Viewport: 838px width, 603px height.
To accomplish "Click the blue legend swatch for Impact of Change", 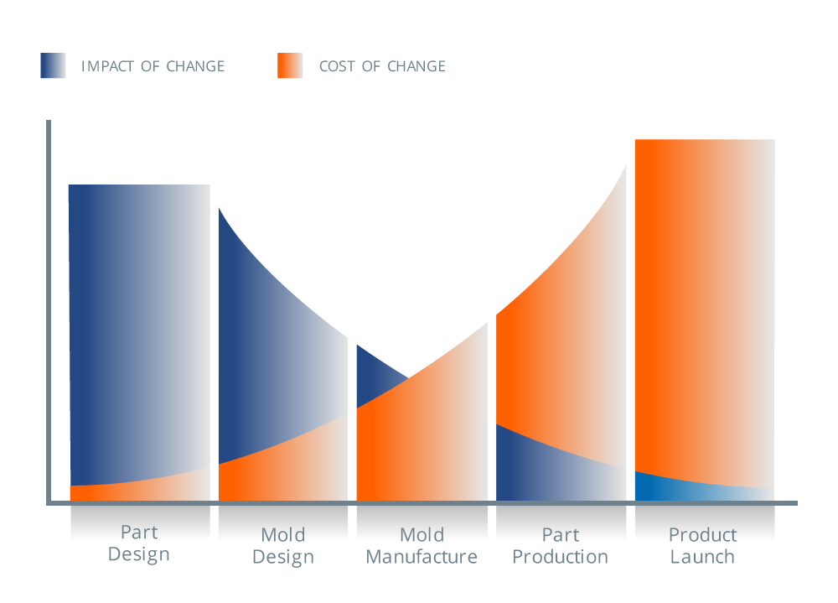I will (53, 65).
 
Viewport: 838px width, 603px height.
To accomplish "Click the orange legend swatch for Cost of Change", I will (290, 65).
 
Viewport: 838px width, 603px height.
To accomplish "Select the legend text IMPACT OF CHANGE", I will (153, 66).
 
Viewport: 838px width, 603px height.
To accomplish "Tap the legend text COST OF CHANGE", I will (382, 66).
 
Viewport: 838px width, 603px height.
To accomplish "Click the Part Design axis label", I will (139, 543).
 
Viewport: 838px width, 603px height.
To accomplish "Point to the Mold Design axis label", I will (283, 546).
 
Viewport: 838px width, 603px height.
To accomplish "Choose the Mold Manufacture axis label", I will (422, 546).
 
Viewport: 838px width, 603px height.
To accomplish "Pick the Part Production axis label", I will (560, 546).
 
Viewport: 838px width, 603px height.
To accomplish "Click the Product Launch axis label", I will (702, 546).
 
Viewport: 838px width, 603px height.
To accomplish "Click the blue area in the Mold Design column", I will (268, 352).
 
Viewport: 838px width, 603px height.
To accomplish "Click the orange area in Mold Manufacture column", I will (419, 444).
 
